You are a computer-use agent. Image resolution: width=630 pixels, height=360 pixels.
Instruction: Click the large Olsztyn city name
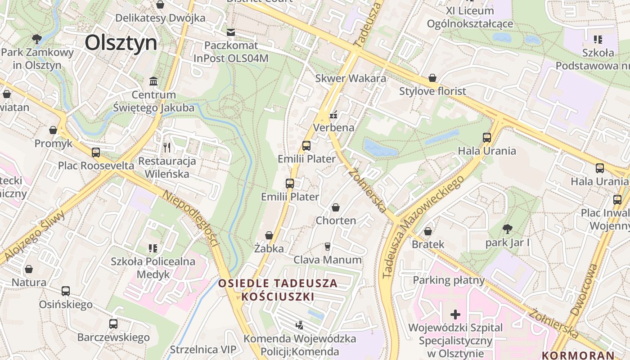click(121, 43)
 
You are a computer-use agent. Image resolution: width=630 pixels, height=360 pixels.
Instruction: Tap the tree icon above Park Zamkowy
click(37, 39)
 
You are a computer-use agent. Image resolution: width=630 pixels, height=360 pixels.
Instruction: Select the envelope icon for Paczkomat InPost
click(231, 32)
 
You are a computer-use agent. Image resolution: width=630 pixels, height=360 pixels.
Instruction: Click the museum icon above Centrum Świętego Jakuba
click(153, 81)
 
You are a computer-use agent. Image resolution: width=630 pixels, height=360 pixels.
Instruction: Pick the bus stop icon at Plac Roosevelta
click(96, 152)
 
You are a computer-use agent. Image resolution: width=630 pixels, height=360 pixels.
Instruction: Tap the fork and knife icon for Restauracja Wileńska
click(167, 147)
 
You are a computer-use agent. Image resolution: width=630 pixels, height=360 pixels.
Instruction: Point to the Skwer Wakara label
click(351, 78)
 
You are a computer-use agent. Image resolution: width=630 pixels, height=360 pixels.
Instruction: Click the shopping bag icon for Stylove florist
click(432, 78)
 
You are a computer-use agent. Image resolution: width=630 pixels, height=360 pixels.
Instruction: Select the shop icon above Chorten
click(336, 207)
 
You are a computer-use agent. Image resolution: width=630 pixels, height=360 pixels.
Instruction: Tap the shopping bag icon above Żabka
click(269, 235)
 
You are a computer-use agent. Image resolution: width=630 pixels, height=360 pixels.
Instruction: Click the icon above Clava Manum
click(327, 246)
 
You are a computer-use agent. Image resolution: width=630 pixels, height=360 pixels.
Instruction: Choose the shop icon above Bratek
click(428, 231)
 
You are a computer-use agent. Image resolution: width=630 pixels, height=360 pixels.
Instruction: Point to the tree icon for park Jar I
click(507, 229)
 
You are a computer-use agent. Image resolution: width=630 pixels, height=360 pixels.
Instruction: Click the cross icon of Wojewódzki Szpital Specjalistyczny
click(455, 314)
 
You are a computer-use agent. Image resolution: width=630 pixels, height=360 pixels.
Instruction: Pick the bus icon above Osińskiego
click(66, 291)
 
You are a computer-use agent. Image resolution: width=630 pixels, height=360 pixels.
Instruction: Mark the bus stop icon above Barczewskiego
click(113, 324)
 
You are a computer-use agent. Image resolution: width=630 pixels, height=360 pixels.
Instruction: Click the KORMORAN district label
click(578, 355)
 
